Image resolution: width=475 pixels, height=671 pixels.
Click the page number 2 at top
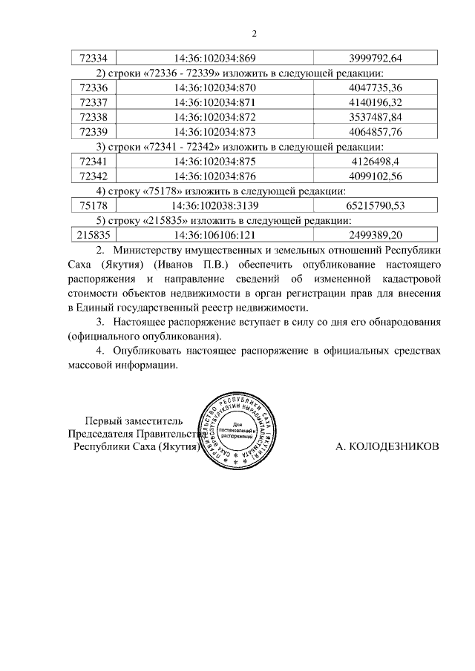pos(254,34)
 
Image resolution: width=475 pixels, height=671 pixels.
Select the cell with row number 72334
pos(93,59)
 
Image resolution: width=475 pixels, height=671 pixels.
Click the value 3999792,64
pos(375,59)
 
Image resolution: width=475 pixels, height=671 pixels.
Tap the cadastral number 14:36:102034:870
pos(215,88)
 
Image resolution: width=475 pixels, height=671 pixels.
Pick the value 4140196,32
pos(375,102)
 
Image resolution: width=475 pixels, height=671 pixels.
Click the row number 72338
pos(93,117)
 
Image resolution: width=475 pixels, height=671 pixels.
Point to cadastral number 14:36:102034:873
pos(215,132)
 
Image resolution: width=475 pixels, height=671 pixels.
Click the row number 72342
pos(93,176)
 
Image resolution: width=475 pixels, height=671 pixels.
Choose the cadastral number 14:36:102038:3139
pos(215,205)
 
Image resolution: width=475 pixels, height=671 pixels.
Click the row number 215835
pos(93,235)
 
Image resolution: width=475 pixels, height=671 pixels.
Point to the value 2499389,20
pos(375,235)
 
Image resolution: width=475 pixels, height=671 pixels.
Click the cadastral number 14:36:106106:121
pos(215,235)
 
